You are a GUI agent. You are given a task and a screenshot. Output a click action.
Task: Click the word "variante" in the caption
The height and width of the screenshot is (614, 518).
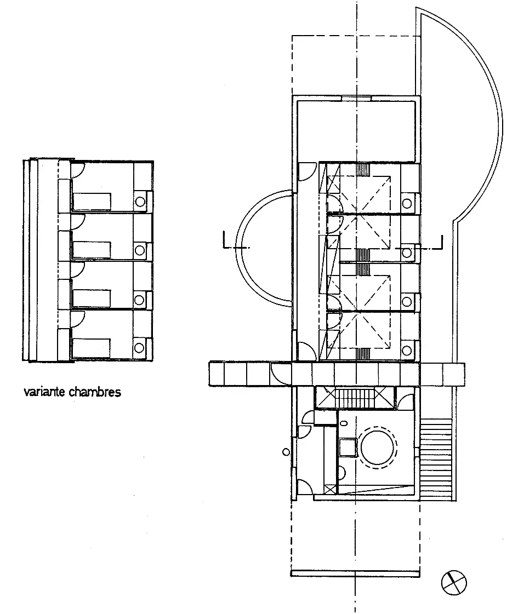[44, 392]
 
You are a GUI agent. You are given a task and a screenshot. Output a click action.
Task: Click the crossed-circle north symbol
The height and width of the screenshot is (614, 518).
[454, 582]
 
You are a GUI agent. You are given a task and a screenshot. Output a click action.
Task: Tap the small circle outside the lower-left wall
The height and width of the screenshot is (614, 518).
[286, 452]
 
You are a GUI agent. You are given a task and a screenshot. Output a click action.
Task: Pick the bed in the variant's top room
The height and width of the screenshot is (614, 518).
[92, 201]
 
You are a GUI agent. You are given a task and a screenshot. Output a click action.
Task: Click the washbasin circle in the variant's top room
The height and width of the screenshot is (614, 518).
[140, 202]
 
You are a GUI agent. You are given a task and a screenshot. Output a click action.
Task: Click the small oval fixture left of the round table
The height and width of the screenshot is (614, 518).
[344, 423]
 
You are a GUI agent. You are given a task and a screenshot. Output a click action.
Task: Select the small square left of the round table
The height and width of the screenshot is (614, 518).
[348, 447]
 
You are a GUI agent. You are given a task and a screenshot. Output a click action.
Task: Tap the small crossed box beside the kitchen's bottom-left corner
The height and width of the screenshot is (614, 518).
[331, 489]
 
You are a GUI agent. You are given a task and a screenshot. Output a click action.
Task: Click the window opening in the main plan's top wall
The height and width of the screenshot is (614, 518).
[356, 98]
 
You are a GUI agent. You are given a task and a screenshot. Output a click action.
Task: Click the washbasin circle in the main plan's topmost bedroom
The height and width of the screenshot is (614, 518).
[407, 204]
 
